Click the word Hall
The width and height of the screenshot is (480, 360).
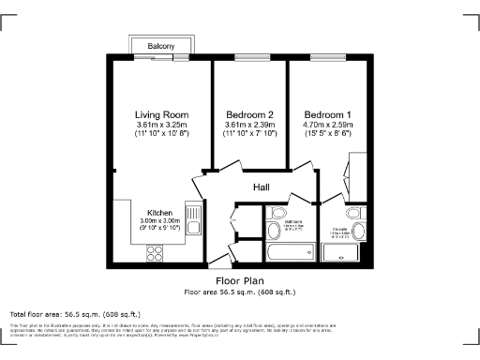point(262,187)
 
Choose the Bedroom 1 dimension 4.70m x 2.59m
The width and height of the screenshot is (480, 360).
point(327,125)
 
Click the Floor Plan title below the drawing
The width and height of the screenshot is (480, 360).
point(239,280)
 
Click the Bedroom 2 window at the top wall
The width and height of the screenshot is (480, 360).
point(249,59)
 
